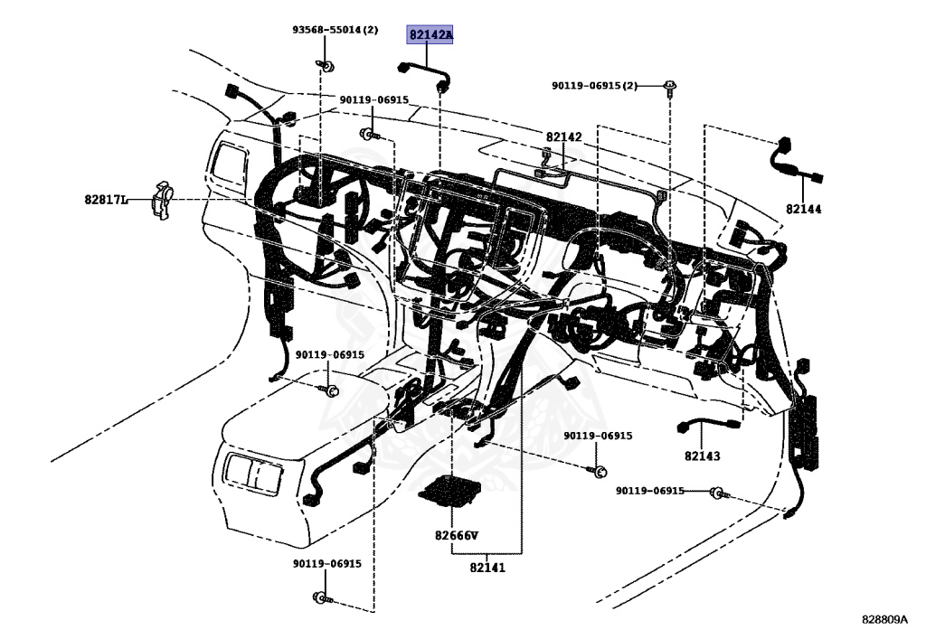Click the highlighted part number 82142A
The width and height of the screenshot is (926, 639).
[x=430, y=35]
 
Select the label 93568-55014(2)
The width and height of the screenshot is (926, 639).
[x=334, y=30]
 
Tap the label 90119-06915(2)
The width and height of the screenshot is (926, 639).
[x=595, y=86]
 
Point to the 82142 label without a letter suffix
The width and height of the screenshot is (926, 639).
[x=563, y=137]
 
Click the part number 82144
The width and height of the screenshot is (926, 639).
[x=803, y=208]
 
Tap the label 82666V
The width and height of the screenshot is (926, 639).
[x=456, y=535]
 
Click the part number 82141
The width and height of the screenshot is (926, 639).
[x=487, y=568]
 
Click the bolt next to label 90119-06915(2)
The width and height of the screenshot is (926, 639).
[x=669, y=87]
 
